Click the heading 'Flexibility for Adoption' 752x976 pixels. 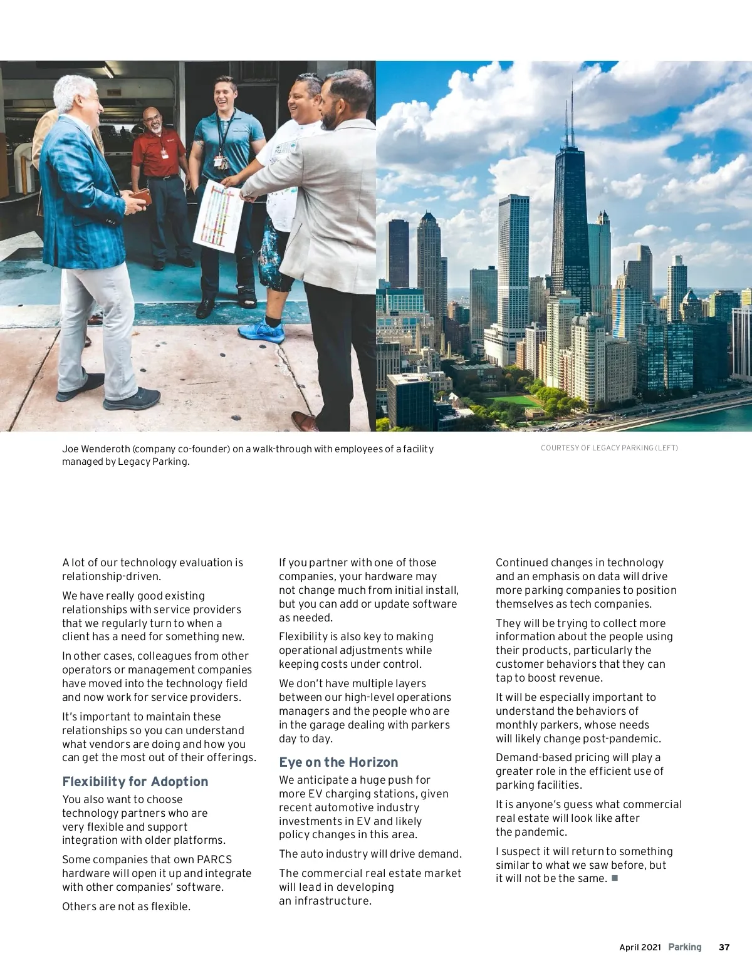[x=135, y=782]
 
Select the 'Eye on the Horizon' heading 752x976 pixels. [x=338, y=762]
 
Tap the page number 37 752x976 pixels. [x=724, y=947]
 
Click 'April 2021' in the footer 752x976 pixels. [x=640, y=947]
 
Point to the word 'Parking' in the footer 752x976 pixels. [x=684, y=947]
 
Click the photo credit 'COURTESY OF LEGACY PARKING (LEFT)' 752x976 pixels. [x=609, y=448]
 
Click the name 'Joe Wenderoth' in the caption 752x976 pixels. [x=96, y=449]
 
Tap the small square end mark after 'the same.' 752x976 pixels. [x=615, y=878]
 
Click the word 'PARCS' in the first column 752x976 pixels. [x=214, y=859]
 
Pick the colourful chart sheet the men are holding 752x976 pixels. [x=217, y=216]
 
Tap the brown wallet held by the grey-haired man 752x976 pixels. [x=141, y=197]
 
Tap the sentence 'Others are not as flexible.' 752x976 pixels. [x=126, y=906]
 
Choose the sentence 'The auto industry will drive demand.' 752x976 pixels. [x=370, y=854]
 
